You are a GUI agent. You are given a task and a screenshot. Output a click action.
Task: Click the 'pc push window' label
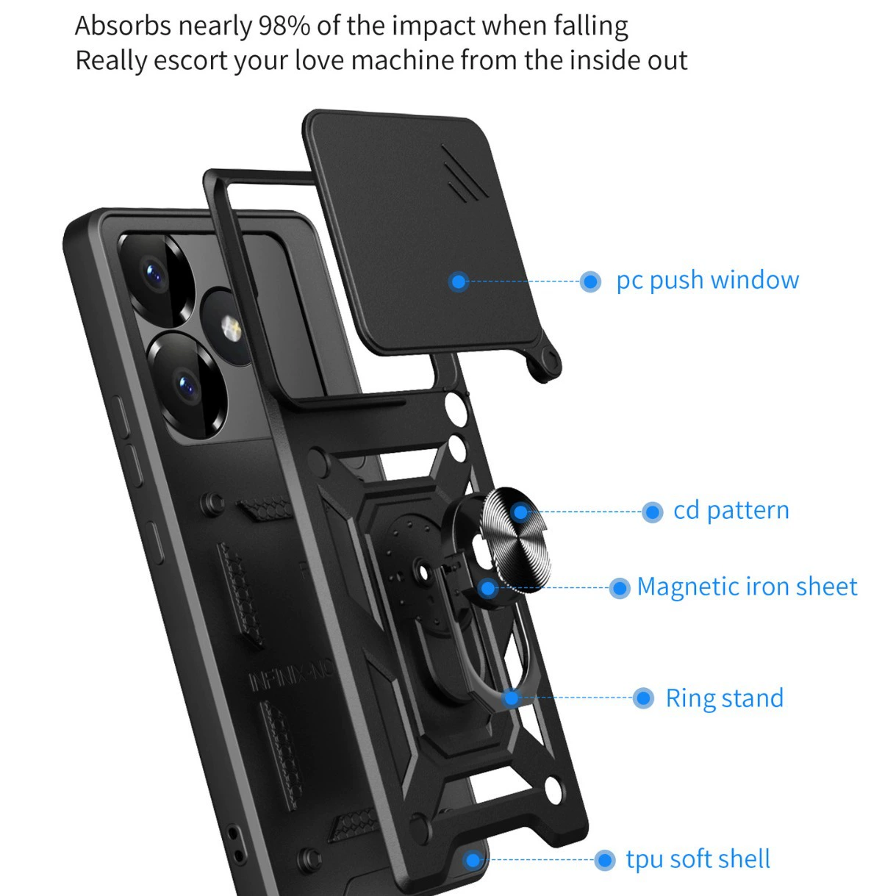[707, 280]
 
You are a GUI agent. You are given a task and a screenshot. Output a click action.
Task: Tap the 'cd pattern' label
[731, 510]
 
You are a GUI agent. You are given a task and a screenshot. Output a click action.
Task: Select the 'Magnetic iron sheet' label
[747, 587]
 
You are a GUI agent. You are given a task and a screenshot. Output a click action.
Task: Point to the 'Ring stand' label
[725, 698]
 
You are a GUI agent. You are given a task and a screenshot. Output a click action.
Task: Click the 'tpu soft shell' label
[698, 859]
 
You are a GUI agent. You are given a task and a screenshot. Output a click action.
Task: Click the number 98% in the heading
[284, 26]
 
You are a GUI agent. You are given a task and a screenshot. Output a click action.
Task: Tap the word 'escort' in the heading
[190, 60]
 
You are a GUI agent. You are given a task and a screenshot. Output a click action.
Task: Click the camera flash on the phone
[231, 328]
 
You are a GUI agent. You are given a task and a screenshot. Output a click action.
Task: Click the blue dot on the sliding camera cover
[459, 282]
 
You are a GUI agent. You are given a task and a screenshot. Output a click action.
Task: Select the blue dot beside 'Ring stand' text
[644, 698]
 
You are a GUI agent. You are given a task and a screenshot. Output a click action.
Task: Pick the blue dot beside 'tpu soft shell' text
[604, 859]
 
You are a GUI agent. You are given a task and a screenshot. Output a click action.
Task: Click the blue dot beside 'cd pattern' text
[652, 512]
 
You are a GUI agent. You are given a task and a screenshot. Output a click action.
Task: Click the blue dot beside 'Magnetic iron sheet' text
[620, 588]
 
